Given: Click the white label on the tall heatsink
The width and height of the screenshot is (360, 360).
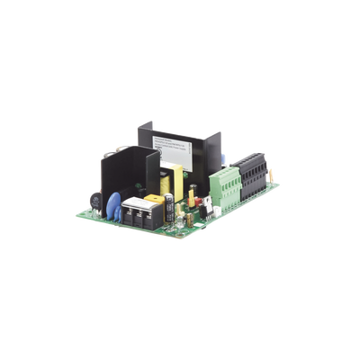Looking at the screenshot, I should click(171, 141).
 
